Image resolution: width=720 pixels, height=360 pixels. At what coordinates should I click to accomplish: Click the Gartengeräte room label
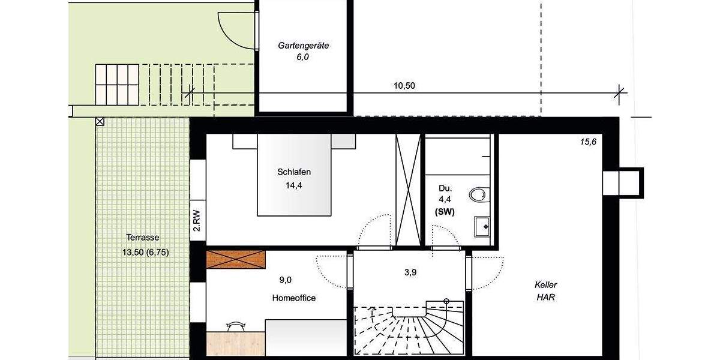point(303,45)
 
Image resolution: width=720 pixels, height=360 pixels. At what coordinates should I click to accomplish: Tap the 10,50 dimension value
point(404,86)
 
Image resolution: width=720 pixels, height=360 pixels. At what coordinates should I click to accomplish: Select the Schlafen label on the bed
point(294,172)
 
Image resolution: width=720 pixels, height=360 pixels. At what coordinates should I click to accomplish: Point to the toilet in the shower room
point(479,194)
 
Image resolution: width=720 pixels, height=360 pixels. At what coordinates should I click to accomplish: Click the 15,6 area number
point(588,142)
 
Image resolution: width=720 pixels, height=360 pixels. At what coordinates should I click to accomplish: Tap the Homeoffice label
point(293,298)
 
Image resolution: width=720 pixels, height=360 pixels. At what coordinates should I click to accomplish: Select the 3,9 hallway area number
point(410,272)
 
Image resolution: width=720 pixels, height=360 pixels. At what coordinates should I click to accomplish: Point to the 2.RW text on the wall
point(196,220)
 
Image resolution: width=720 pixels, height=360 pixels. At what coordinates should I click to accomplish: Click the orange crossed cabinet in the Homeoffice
point(236,259)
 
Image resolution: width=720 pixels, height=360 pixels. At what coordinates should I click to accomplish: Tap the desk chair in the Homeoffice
point(235,326)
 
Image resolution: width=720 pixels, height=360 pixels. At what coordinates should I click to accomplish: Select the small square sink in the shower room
point(482,224)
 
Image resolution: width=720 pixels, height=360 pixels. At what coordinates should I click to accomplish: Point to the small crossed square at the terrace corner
point(99,122)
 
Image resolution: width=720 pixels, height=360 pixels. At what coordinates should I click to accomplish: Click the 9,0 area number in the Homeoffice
point(286,280)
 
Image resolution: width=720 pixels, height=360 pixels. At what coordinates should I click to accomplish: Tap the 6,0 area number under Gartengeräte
point(302,58)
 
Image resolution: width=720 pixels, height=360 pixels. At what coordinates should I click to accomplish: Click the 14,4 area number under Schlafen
point(294,185)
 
